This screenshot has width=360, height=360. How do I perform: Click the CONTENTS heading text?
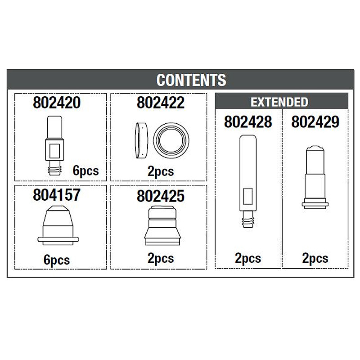pos(191,80)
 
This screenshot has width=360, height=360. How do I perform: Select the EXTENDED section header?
pos(279,102)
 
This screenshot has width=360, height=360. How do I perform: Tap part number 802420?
pos(57,103)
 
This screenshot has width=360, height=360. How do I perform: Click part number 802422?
pos(161,103)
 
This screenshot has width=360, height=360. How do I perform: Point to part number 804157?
pos(57,195)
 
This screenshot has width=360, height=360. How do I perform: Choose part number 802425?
pos(161,196)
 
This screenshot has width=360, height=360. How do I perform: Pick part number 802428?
pos(248,121)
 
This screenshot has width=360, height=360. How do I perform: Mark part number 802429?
pos(315,121)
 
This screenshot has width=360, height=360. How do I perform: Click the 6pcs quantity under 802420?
pos(85,171)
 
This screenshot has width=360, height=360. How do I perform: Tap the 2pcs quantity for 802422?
pos(161,171)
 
